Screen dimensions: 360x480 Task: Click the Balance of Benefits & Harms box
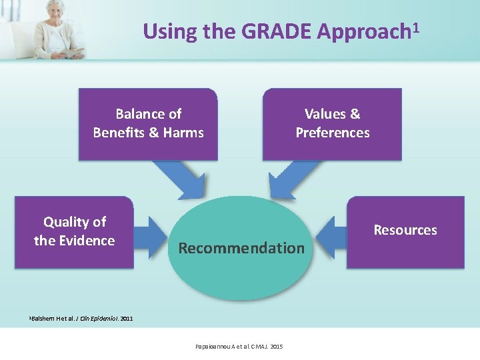148,124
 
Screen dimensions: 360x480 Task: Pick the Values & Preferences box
332,124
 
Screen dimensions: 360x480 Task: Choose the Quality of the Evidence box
74,231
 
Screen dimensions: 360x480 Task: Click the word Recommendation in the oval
241,248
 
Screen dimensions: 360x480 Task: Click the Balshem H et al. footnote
73,319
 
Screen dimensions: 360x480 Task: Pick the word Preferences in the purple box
332,133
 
